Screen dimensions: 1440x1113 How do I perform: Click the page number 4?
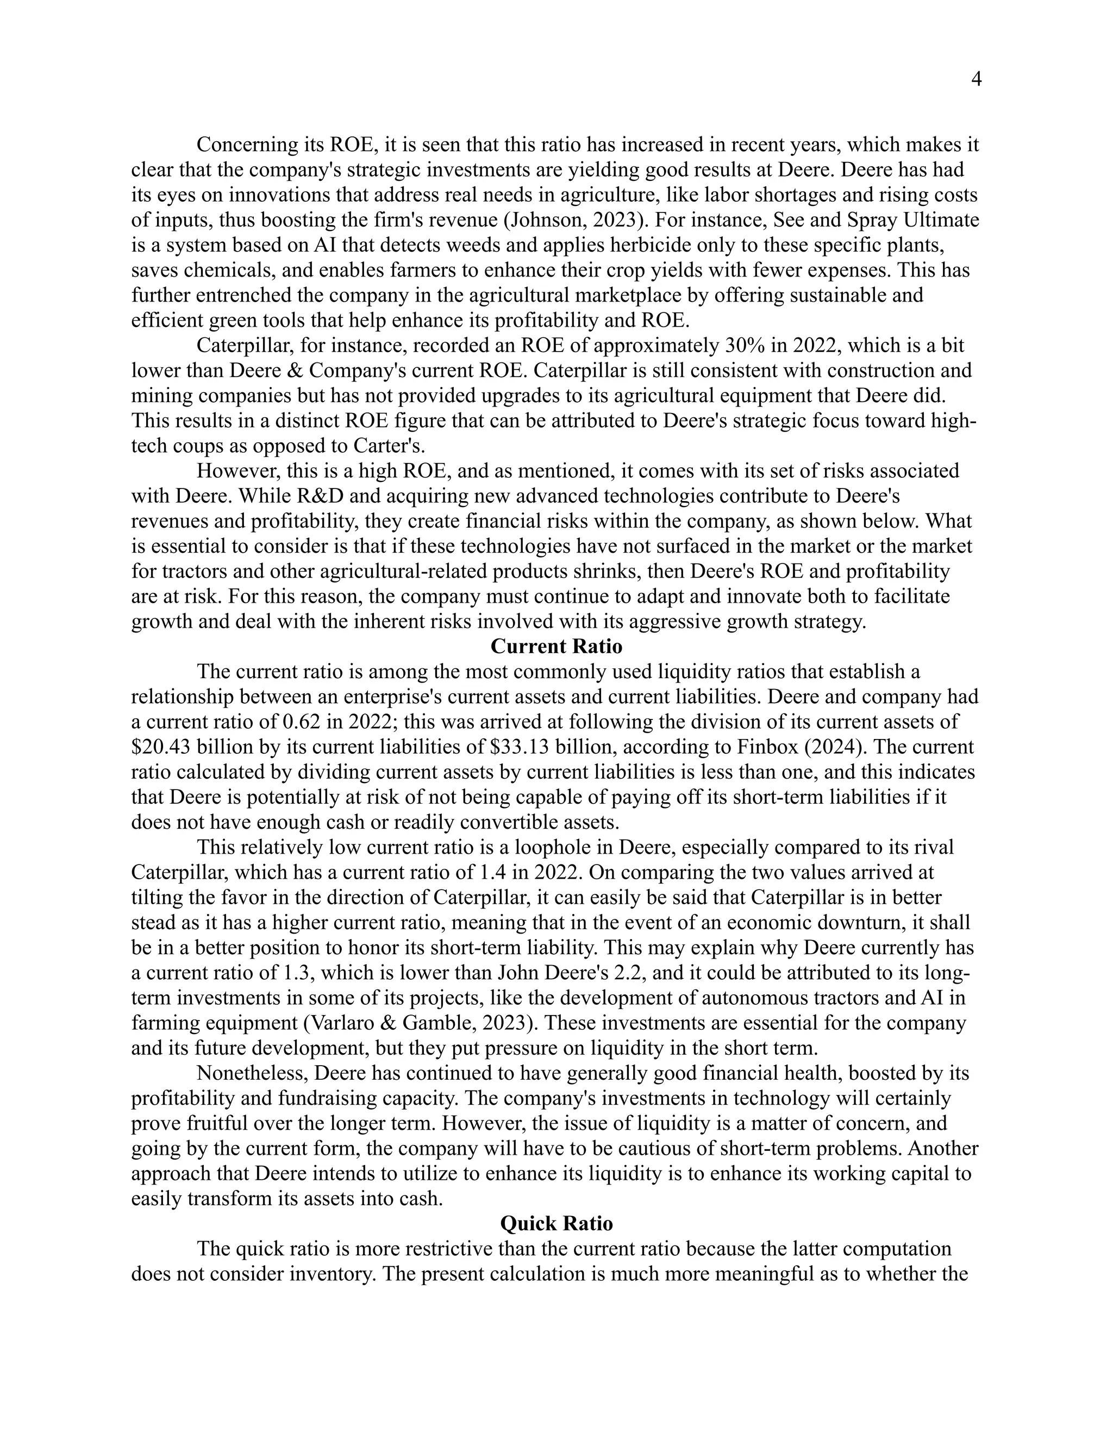click(977, 80)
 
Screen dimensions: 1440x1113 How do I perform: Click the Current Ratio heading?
click(556, 646)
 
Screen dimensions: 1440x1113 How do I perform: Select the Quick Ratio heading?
click(556, 1224)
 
